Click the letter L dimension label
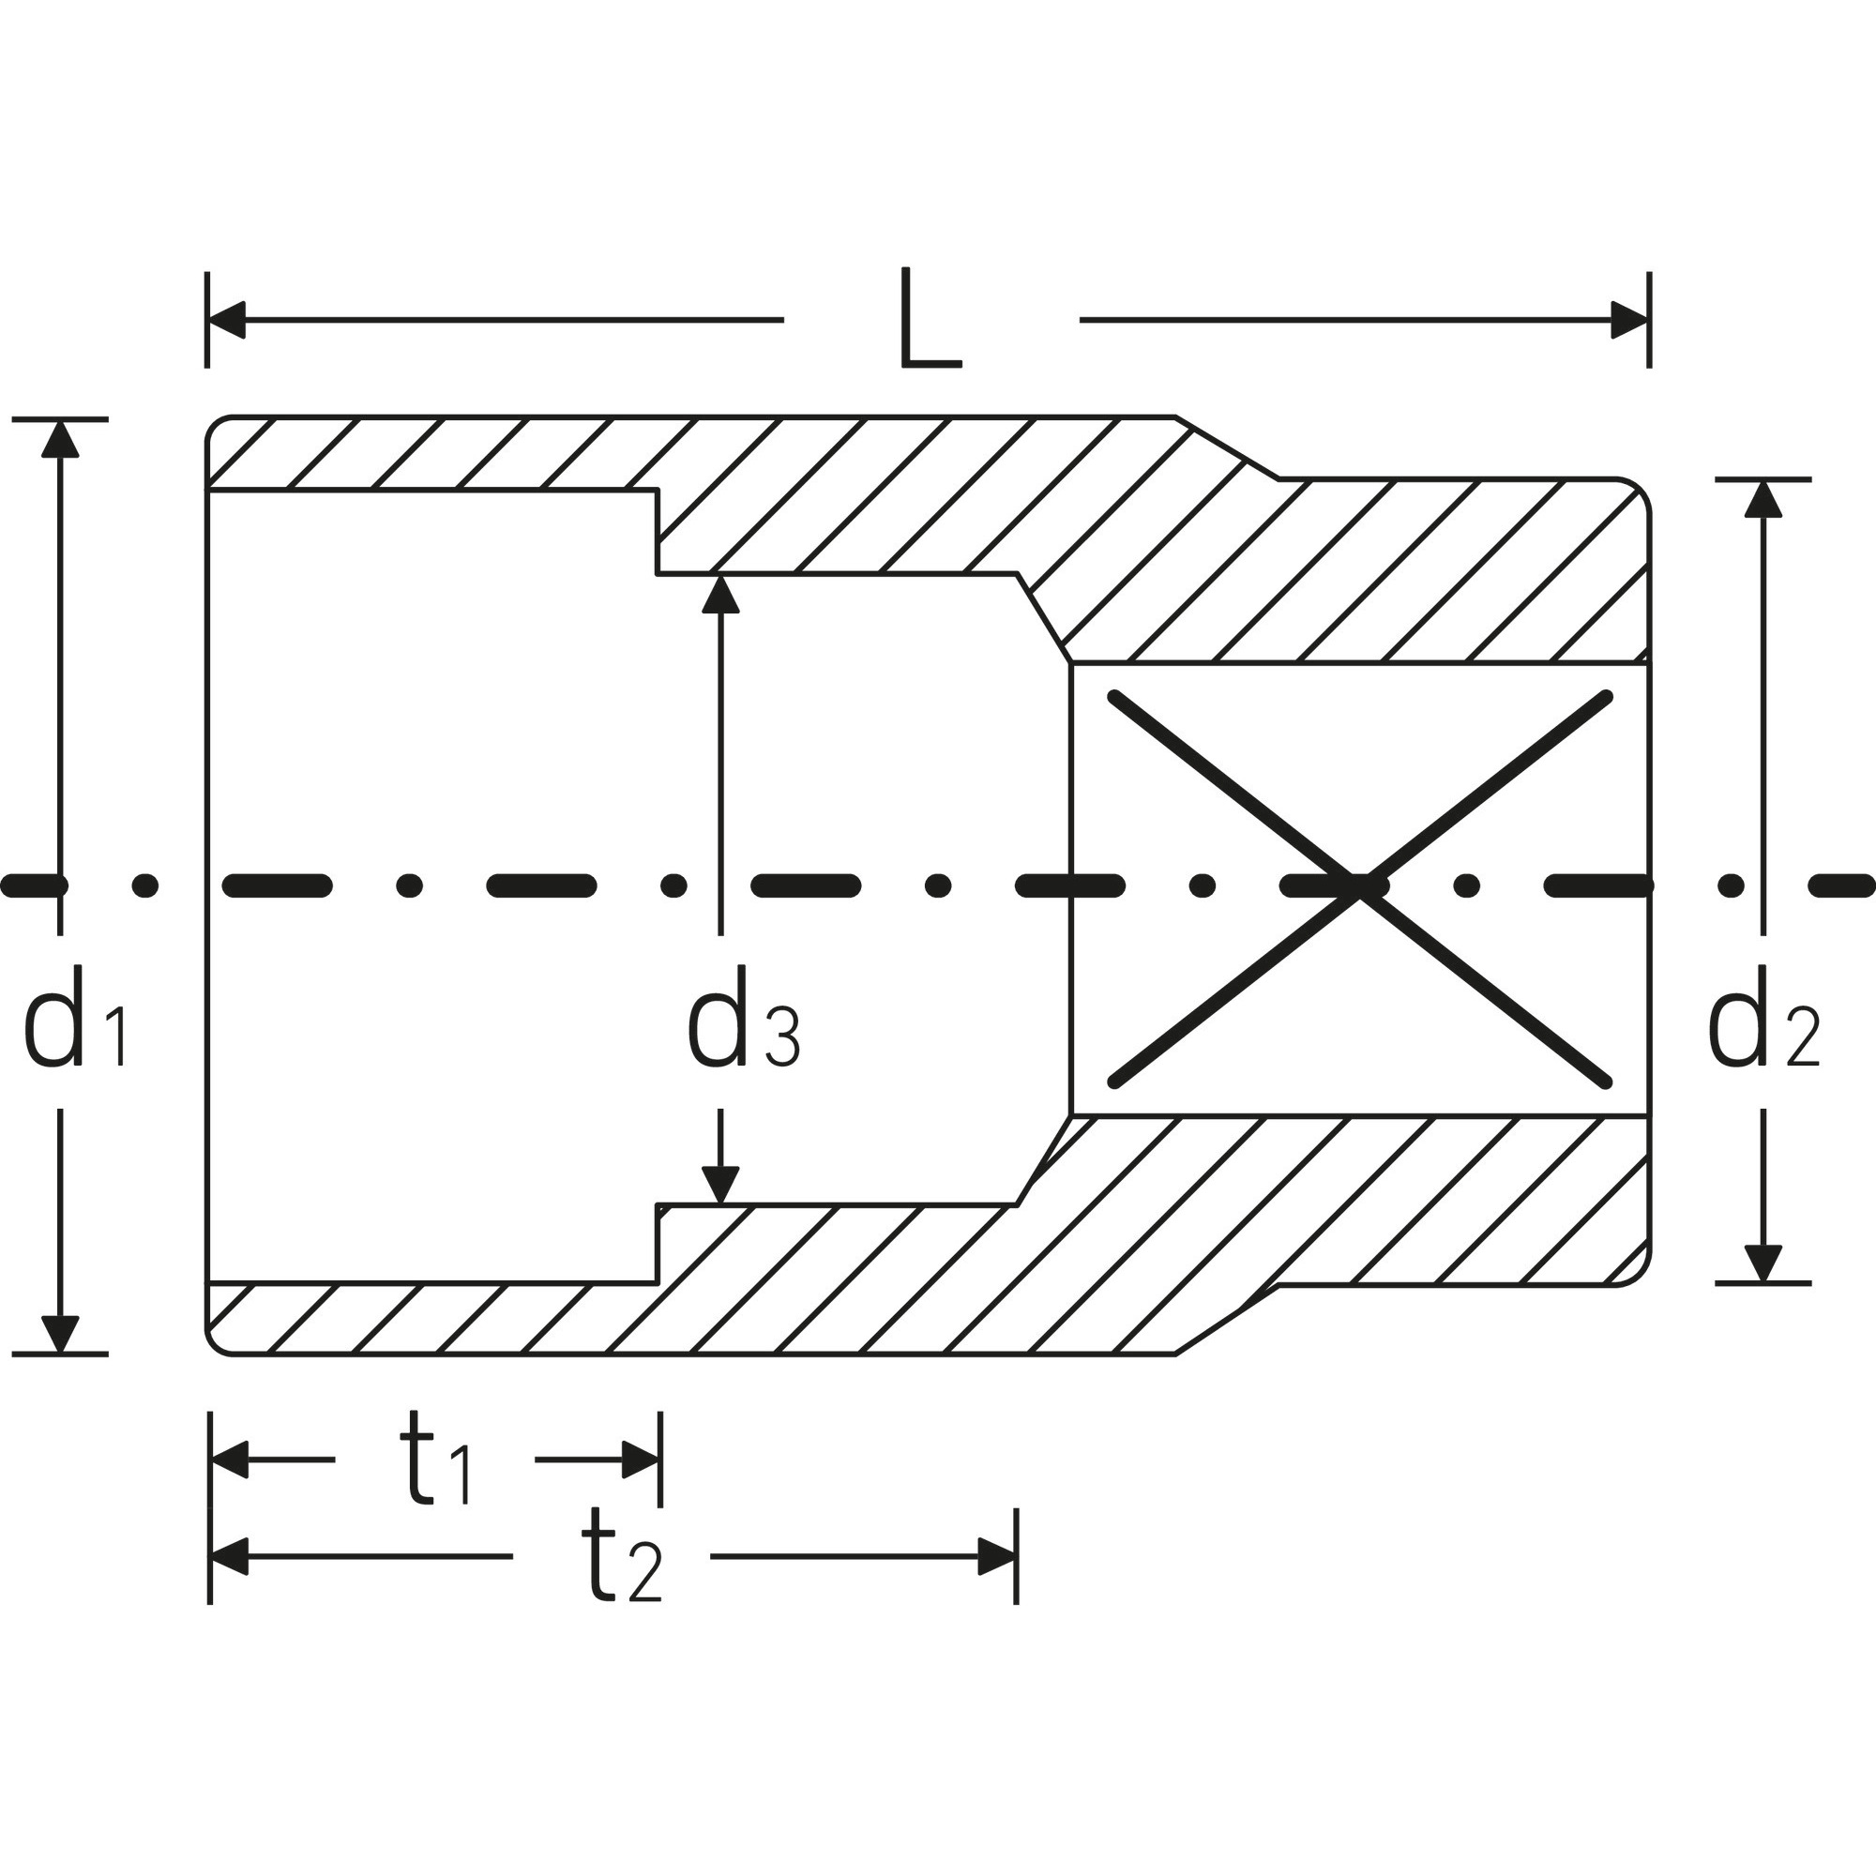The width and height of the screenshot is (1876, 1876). pos(931,318)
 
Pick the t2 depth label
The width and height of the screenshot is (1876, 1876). pos(622,1557)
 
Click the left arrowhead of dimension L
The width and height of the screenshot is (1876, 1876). pos(227,320)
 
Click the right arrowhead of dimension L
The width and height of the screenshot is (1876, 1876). pos(1630,320)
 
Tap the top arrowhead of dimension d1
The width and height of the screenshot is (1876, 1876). pos(60,438)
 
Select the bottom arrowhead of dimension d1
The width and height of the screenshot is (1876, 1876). pos(60,1334)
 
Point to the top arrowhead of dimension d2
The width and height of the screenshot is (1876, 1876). pos(1763,498)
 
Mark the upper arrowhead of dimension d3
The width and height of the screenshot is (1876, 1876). pos(720,595)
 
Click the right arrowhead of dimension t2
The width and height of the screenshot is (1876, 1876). pos(997,1557)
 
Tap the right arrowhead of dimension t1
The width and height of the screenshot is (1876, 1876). pos(642,1460)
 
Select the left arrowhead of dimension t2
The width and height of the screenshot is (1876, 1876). pos(229,1557)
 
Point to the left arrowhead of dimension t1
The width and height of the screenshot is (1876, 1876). pos(229,1460)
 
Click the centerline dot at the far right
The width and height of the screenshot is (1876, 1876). pos(1730,885)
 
